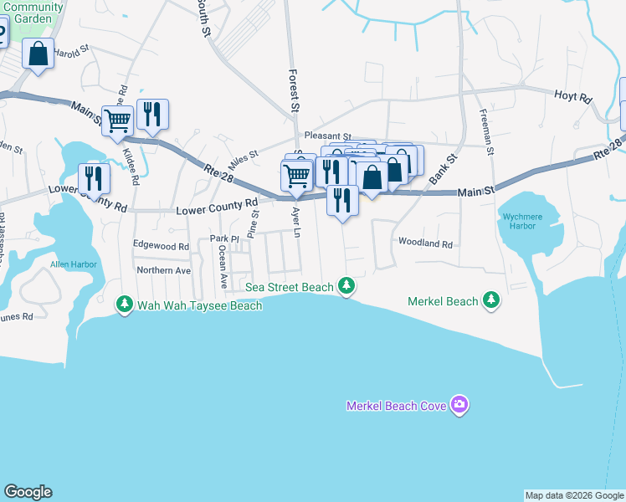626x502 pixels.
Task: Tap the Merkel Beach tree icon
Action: (491, 300)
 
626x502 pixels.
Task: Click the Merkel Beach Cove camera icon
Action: (459, 406)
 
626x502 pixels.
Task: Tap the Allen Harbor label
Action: (74, 264)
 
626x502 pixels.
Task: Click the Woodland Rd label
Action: (425, 244)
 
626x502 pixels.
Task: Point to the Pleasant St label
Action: (327, 135)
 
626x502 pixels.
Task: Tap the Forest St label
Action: (294, 90)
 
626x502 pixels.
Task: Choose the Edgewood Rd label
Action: (161, 247)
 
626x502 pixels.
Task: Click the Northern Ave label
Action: (164, 270)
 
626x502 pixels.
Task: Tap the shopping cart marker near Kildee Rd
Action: (117, 120)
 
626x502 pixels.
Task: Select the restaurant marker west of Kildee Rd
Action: (94, 177)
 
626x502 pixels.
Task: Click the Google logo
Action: (28, 492)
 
